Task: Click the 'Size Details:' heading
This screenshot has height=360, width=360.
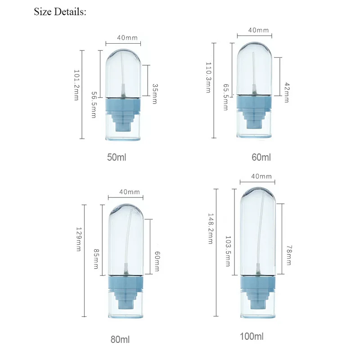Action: [x=60, y=12]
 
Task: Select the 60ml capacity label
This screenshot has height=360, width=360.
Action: [x=261, y=157]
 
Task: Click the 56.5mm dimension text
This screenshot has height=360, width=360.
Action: [x=94, y=105]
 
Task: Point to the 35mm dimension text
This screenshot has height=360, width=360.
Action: [x=155, y=94]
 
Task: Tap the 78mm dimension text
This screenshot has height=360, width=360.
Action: [x=288, y=255]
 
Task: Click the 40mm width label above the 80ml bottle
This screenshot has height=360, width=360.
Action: [x=130, y=192]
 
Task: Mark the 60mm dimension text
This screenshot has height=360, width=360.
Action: [x=156, y=261]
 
